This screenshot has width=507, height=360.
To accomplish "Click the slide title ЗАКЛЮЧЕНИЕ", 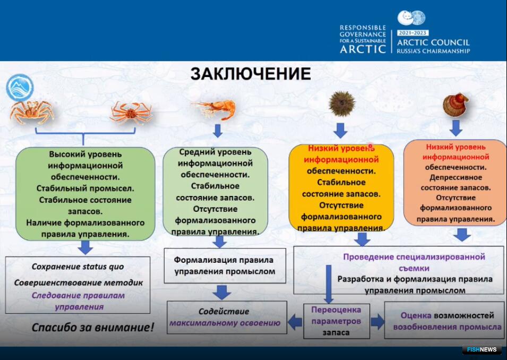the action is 251,74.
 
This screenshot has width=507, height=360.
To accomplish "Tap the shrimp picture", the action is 214,109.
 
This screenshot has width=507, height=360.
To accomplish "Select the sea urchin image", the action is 341,104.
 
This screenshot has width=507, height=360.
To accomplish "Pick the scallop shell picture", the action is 456,105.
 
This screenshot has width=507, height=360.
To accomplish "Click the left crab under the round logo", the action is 32,112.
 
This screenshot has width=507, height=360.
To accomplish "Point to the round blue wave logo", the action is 20,88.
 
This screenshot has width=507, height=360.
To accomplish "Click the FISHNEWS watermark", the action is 482,350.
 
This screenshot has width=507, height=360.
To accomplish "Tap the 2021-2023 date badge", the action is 413,33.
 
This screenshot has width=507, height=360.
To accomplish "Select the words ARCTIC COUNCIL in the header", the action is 433,42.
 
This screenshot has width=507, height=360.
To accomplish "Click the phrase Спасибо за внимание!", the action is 93,327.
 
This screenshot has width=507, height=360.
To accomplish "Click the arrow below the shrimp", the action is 218,130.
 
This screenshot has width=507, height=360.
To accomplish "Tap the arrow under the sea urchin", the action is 340,130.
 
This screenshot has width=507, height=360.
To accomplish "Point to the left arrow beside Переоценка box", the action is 295,322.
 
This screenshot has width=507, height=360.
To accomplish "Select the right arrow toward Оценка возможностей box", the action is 377,322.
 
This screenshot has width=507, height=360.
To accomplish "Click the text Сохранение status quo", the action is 78,267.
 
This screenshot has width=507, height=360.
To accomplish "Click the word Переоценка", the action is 336,310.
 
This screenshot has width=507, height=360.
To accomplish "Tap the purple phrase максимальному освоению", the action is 225,323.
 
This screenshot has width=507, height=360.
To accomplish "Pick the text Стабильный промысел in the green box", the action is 85,188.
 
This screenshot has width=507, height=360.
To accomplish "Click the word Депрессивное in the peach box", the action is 456,177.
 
